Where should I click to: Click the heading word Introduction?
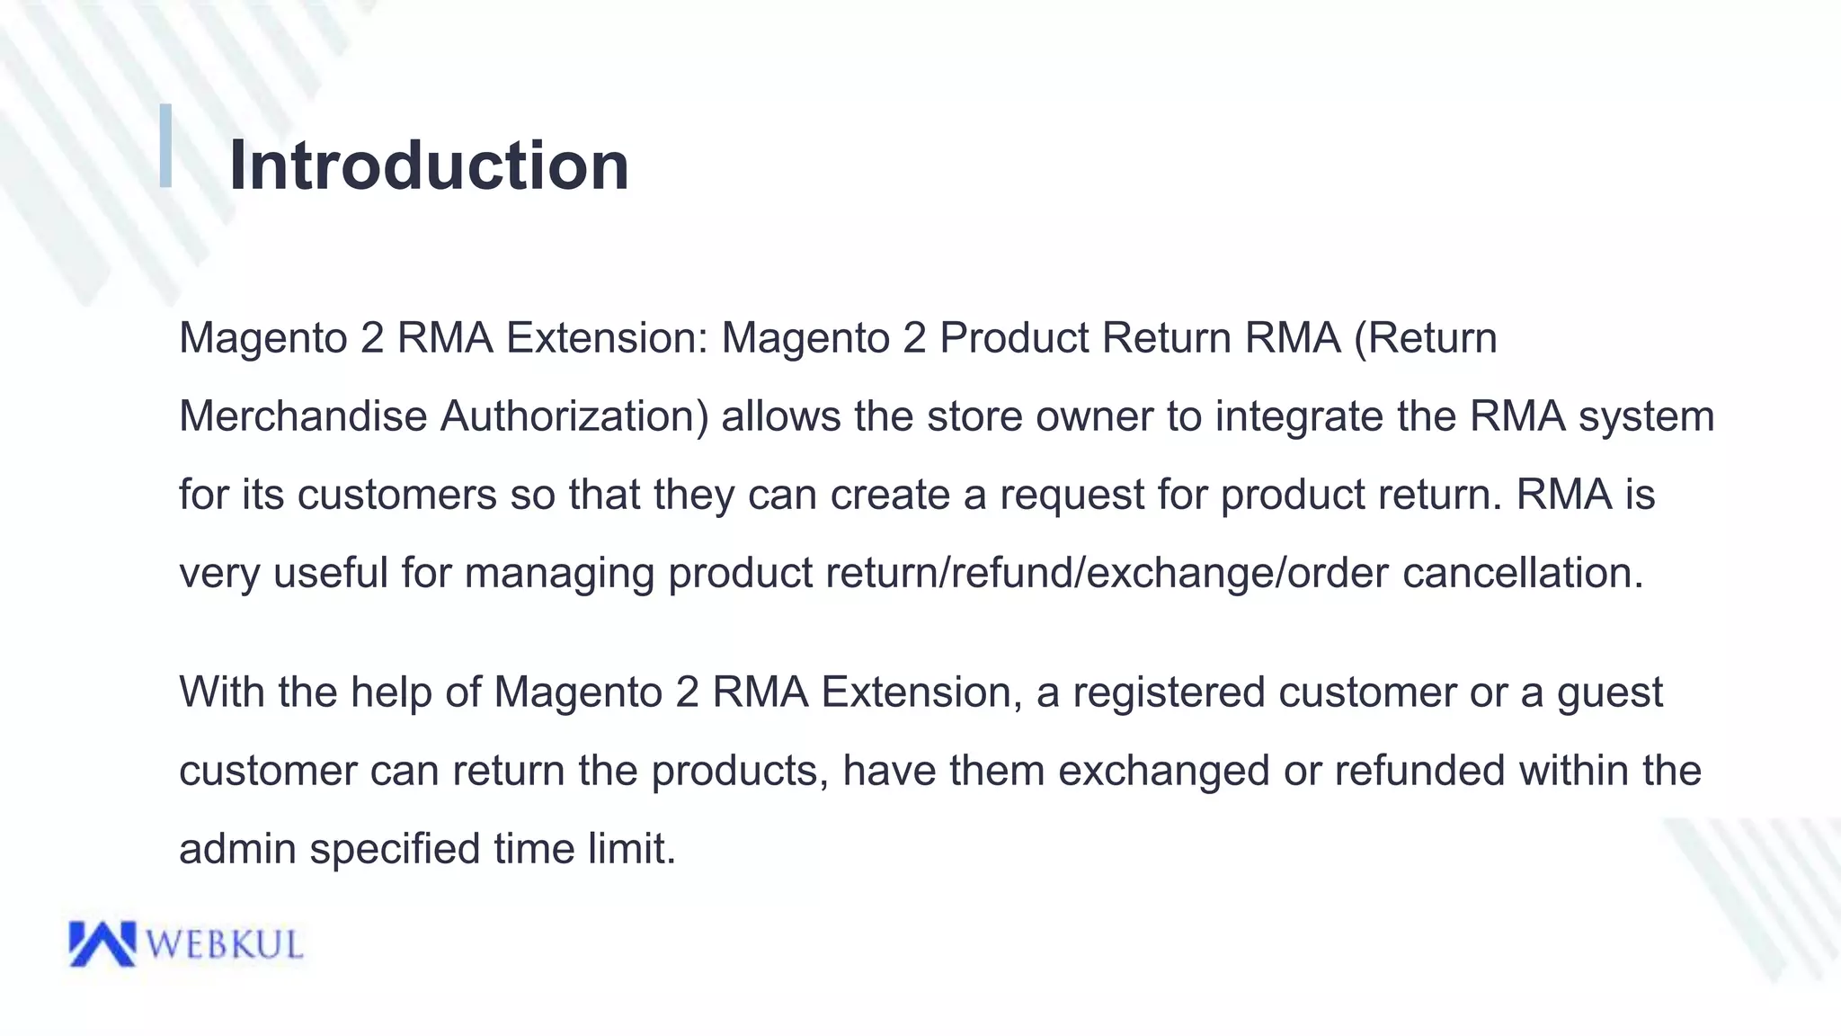[429, 165]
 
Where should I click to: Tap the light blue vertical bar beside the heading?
[165, 146]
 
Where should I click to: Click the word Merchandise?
[303, 416]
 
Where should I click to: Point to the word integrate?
[1299, 416]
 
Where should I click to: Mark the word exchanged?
[1163, 771]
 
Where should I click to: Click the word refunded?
[1419, 771]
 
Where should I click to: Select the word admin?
[237, 848]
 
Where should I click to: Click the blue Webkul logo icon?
[102, 943]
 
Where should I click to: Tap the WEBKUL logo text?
[224, 945]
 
